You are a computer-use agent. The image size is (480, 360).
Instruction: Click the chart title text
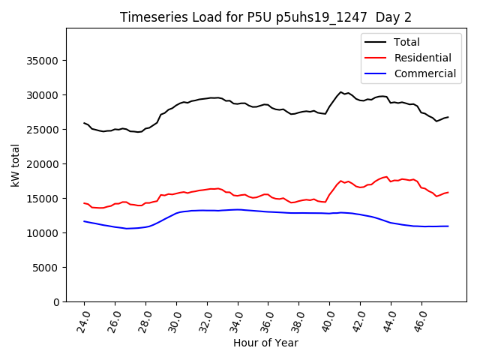265,17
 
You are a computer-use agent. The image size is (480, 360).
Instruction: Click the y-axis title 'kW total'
16,165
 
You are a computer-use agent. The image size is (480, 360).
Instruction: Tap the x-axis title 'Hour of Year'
265,343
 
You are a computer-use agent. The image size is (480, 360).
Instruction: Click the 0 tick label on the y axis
56,302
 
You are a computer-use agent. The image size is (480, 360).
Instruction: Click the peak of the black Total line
340,92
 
